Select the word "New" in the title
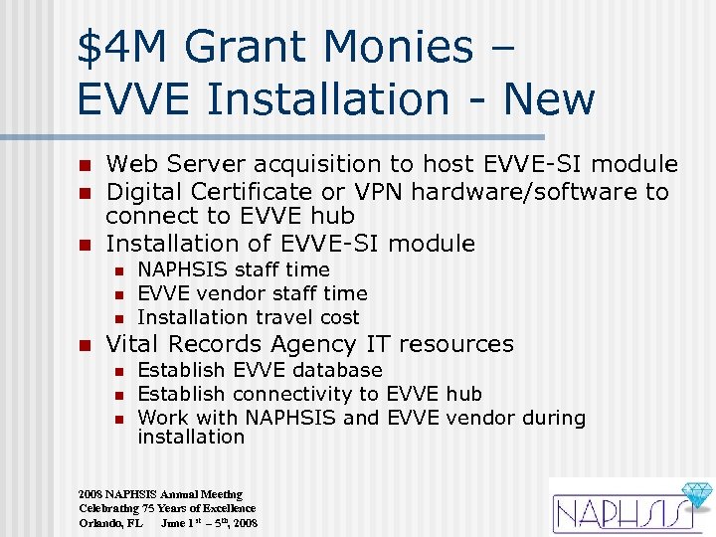(549, 98)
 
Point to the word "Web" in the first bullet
(128, 164)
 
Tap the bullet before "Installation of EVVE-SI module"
(87, 245)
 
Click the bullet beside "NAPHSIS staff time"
(118, 270)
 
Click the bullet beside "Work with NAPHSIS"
(118, 419)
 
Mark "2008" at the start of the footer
(90, 494)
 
